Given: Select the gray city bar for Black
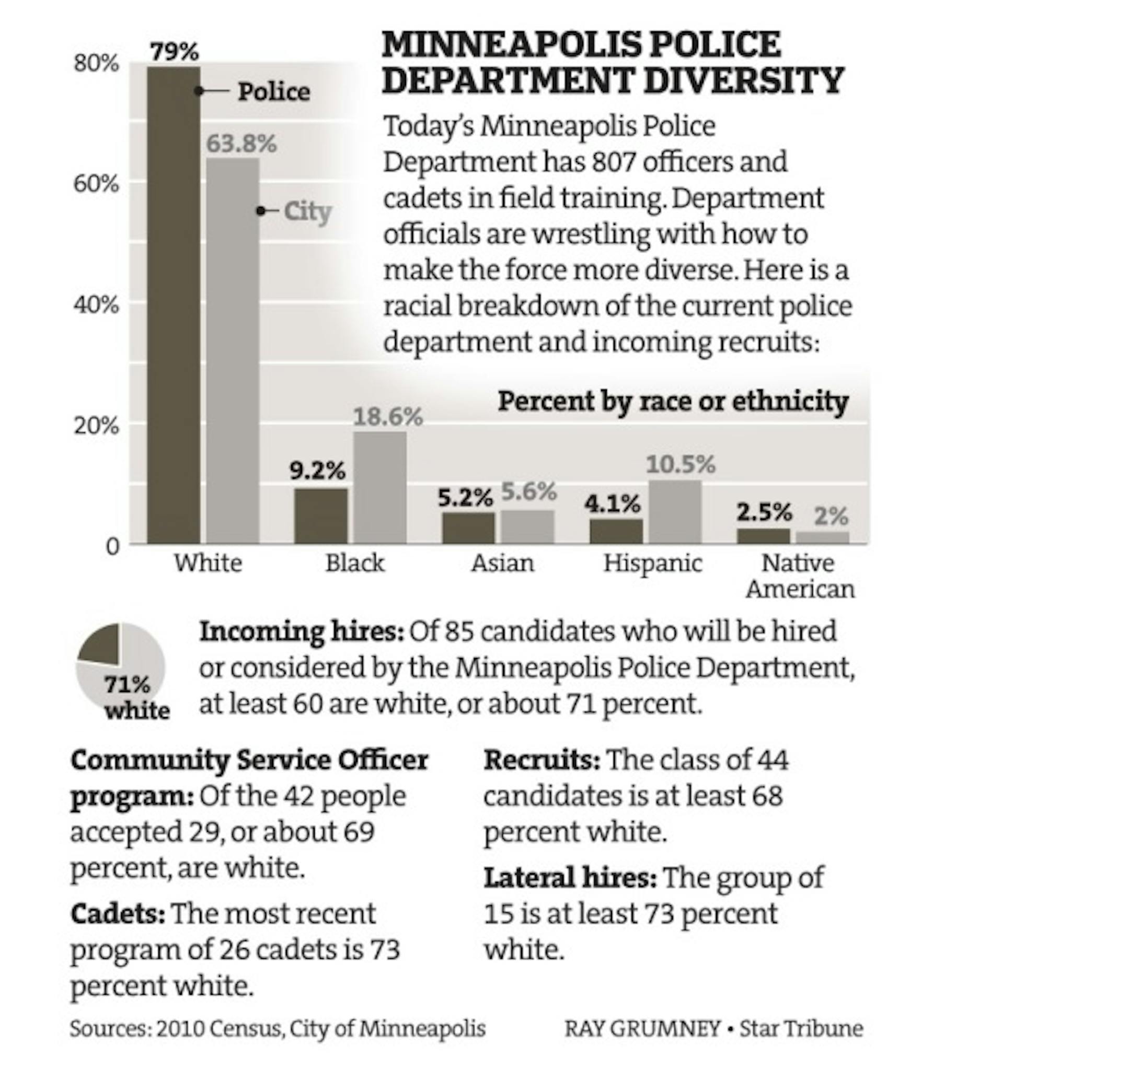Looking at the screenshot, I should (380, 488).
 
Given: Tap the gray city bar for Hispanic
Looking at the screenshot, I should (675, 512).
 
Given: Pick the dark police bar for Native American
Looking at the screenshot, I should (764, 536).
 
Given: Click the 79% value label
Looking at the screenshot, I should (175, 52).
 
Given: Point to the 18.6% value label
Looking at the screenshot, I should (388, 417).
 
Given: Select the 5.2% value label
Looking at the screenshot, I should (465, 498).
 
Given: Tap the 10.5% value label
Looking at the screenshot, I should (680, 465).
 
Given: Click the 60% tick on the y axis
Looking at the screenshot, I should (96, 184).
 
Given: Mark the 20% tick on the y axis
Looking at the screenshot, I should (96, 426).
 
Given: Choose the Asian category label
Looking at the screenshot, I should (502, 563).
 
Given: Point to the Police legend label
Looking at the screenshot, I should (274, 91).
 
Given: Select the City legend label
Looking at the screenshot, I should (307, 212).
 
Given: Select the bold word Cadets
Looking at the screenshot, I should (118, 914).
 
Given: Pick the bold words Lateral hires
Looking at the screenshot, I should (570, 878).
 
